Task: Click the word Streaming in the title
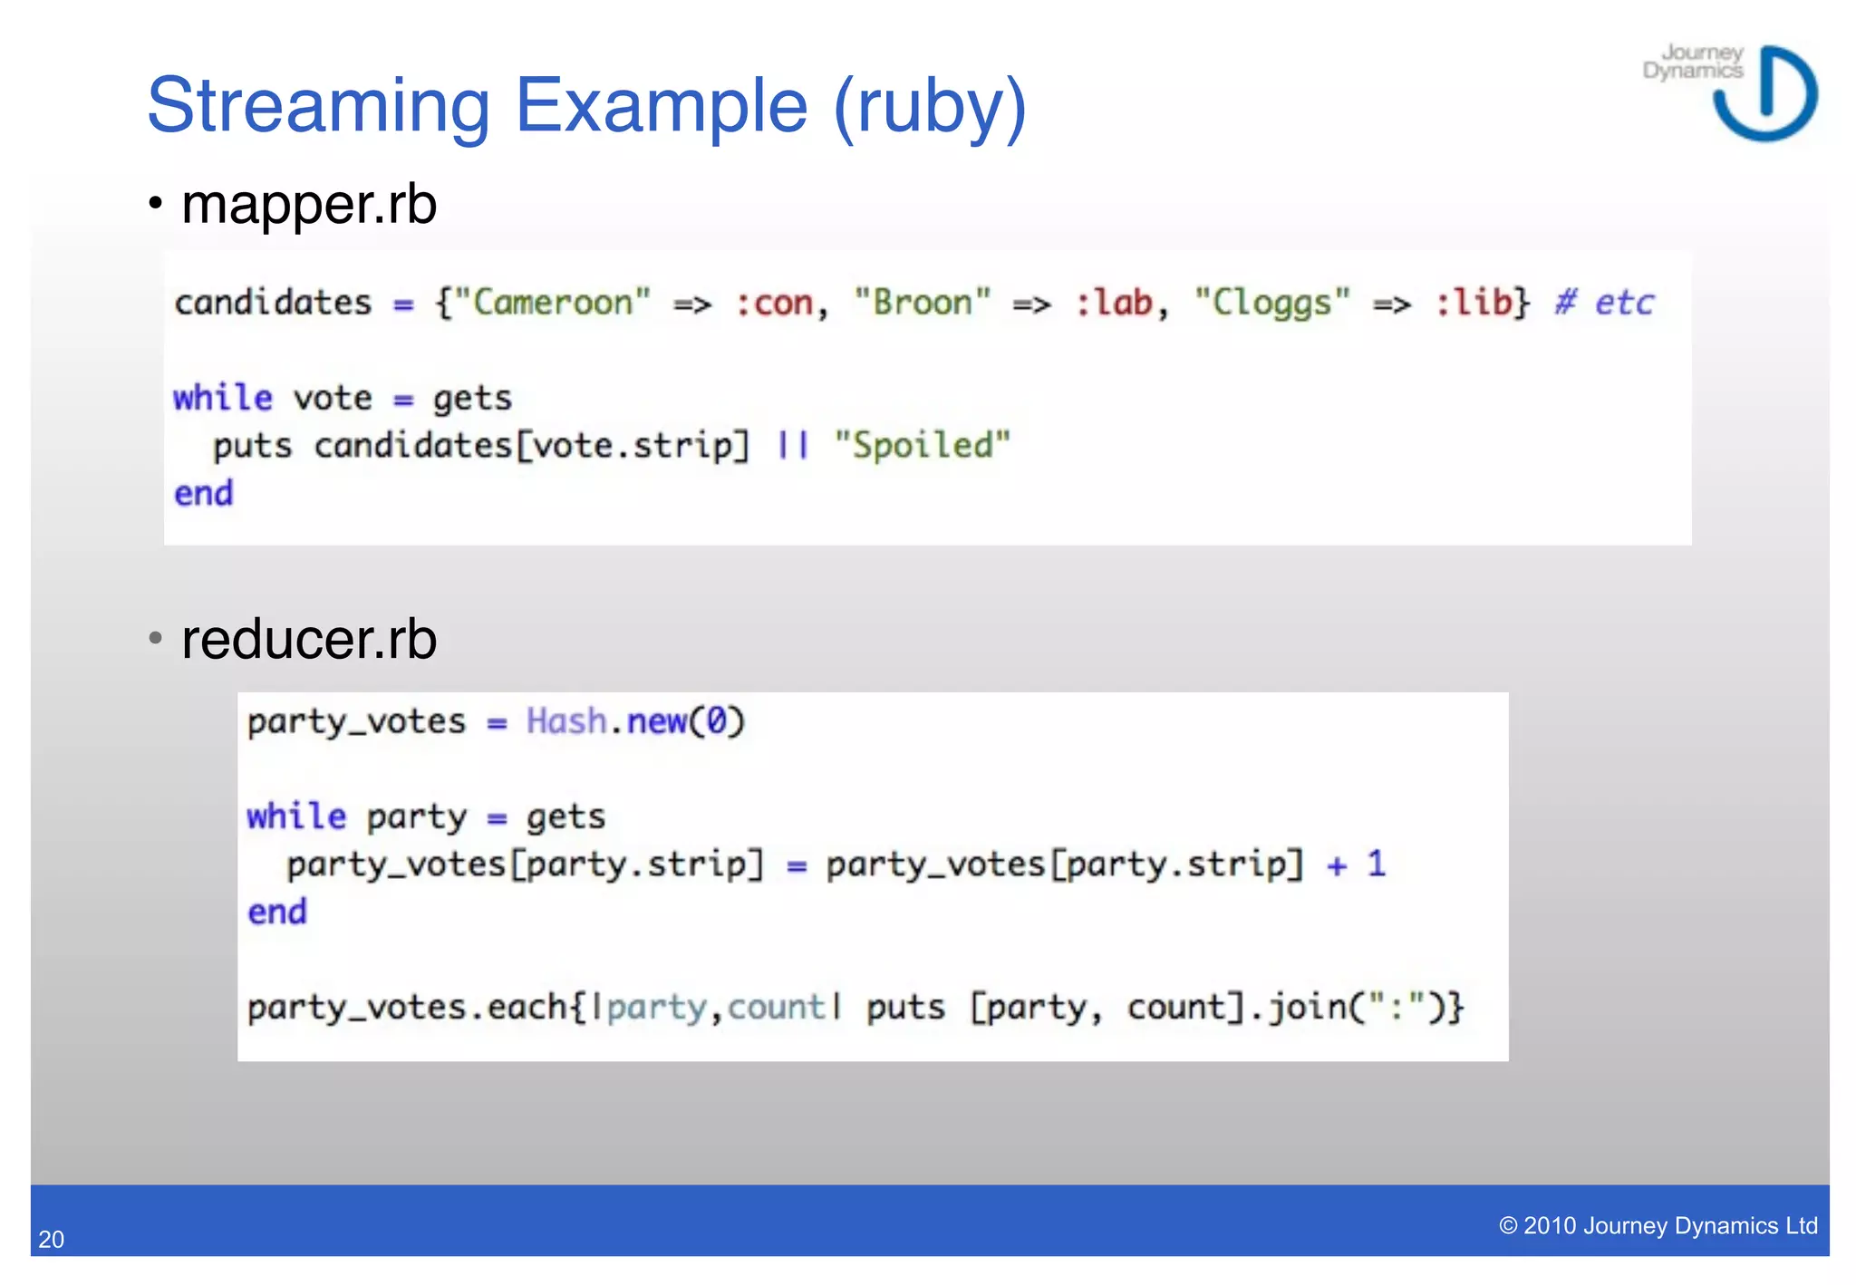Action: [318, 107]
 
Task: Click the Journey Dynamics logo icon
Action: [1765, 94]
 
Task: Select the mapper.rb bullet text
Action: [309, 204]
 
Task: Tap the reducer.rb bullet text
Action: [309, 639]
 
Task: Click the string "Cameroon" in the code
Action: [552, 303]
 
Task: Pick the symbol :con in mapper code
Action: [773, 303]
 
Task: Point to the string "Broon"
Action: [923, 303]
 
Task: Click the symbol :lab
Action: [1113, 303]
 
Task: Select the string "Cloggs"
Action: [1272, 303]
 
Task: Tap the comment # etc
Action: [1604, 303]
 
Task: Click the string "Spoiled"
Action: [923, 446]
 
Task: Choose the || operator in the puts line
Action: [793, 446]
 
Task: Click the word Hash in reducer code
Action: [566, 721]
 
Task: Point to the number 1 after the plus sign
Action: [1377, 864]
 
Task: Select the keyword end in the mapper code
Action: [204, 494]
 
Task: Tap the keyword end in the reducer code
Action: [277, 912]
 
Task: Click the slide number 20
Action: [52, 1240]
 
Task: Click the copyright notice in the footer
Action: [1658, 1226]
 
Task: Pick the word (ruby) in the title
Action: [930, 107]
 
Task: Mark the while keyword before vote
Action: [223, 398]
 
